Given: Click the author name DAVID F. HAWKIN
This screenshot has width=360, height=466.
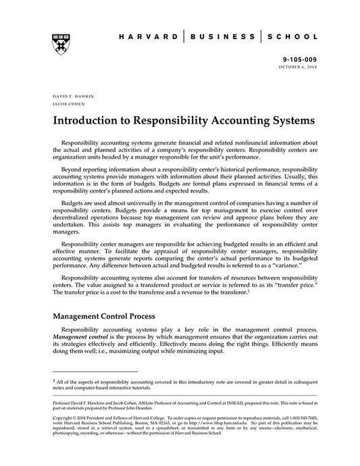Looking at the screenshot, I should tap(71, 97).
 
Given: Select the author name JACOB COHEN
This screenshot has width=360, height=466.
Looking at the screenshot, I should tap(66, 105).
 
